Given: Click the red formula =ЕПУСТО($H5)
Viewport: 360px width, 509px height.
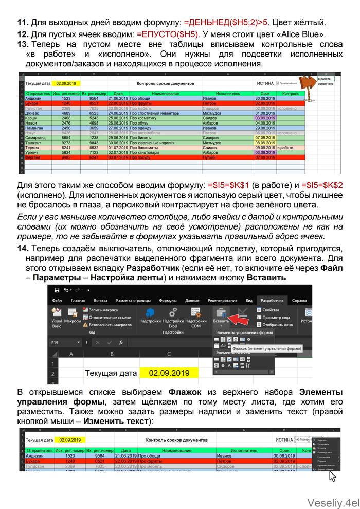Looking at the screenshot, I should point(168,34).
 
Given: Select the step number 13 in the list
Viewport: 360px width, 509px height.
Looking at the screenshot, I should point(23,45).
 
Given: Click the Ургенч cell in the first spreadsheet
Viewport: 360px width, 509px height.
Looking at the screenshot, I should point(34,153).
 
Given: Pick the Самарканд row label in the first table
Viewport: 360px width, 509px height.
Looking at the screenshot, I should point(38,138).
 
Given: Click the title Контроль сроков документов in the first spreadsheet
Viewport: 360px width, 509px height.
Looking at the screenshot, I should point(166,83).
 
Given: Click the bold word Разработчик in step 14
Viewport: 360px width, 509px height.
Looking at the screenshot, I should point(150,269).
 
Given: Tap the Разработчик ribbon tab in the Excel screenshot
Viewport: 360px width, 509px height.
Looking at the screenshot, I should point(273,300).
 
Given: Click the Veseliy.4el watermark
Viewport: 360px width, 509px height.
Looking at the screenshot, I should point(331,502).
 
